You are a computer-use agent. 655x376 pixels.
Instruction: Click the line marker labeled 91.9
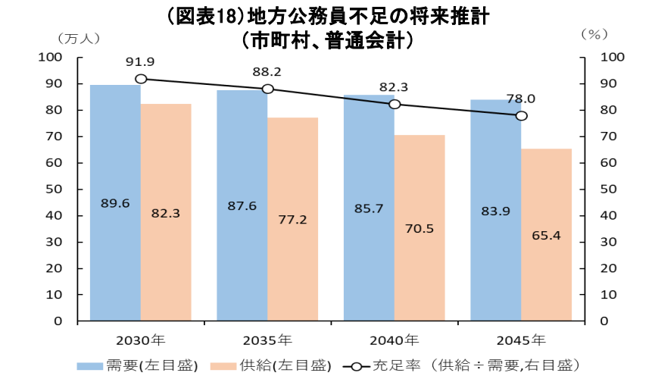141,79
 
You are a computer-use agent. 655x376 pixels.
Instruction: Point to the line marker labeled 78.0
521,116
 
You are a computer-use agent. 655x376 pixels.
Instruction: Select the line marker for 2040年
395,104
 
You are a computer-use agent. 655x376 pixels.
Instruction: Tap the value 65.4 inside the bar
546,235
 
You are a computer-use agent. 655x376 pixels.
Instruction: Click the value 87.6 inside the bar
242,205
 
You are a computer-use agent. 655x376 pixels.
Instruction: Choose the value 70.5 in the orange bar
420,227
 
